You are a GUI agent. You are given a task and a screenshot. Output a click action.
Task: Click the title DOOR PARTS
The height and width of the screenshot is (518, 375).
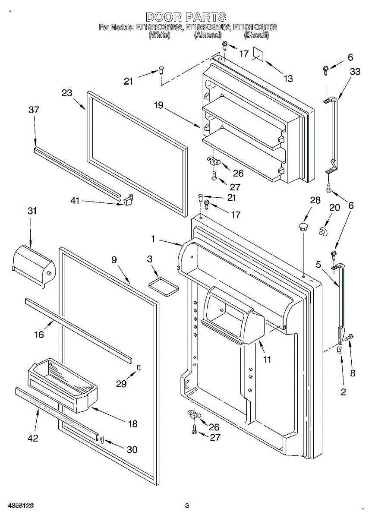click(x=186, y=17)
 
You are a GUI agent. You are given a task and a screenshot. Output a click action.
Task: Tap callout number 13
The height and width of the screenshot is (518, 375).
click(x=288, y=78)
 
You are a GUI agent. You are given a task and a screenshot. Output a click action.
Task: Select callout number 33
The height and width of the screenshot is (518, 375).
click(x=355, y=72)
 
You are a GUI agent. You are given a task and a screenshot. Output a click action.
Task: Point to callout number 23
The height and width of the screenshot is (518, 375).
click(x=66, y=93)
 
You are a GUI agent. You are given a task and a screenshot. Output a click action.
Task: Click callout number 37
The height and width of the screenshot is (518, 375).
click(x=34, y=110)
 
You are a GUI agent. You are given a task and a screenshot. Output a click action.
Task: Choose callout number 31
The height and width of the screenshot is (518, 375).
click(x=32, y=211)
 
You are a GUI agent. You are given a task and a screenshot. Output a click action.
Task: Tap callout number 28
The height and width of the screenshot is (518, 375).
click(x=315, y=200)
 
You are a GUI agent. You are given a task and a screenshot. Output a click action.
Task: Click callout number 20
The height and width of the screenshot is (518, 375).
click(x=334, y=208)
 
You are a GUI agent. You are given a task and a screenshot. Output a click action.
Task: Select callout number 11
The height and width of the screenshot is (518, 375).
click(x=268, y=359)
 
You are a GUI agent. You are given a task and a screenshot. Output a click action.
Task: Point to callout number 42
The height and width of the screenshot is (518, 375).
click(x=33, y=438)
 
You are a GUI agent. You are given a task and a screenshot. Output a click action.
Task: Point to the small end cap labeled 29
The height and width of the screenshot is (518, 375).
click(x=139, y=367)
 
